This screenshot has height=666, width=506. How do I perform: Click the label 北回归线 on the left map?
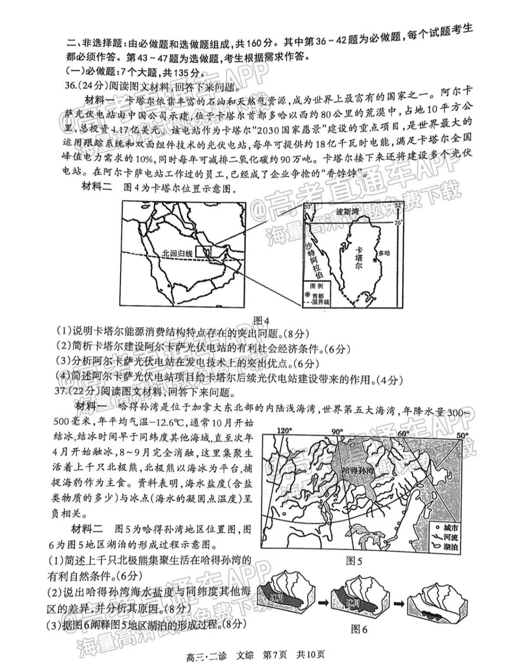coord(177,254)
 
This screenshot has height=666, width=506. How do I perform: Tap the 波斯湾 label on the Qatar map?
coord(348,212)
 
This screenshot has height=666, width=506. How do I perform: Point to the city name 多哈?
coord(384,253)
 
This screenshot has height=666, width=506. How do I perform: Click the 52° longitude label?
coord(398,204)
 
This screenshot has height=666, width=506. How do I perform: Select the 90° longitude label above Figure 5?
coord(337,431)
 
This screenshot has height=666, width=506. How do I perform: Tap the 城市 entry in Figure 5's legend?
coord(450,527)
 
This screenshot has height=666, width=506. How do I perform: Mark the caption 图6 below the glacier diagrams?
coord(359,629)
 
